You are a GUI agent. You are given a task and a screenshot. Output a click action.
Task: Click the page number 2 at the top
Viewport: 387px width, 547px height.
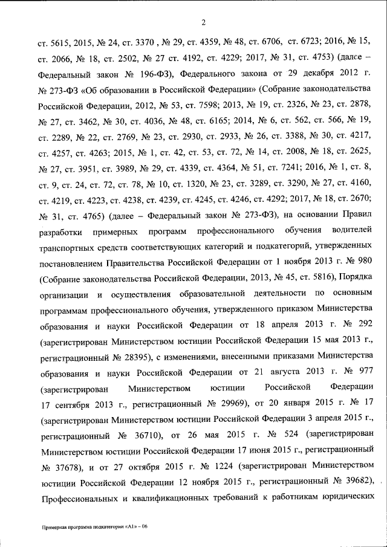click(x=204, y=23)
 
